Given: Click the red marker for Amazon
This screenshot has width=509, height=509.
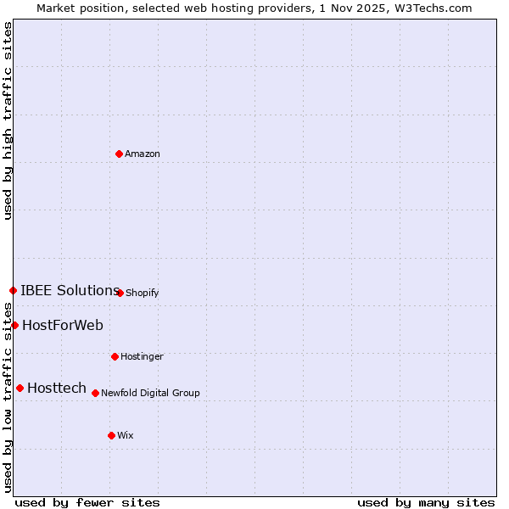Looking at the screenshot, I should [119, 154].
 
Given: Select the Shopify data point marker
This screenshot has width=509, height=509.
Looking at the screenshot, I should [120, 293].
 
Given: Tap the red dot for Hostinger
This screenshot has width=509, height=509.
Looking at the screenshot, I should [115, 356].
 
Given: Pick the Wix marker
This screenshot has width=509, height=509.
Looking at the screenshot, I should [111, 435].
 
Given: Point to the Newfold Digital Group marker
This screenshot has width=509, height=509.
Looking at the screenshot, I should [95, 393].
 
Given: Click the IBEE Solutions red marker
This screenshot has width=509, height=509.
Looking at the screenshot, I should [13, 290].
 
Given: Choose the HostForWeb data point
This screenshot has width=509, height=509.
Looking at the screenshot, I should [14, 325].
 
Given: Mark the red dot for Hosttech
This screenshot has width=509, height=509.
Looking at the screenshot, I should [20, 388].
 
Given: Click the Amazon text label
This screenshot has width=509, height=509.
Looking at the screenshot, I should [143, 154].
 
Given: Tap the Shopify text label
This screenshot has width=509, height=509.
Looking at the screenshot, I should [143, 293].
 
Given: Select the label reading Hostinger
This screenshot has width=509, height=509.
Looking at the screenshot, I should [142, 356].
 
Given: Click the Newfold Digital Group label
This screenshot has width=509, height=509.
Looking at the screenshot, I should [150, 393].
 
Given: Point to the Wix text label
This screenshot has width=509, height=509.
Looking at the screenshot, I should [126, 435].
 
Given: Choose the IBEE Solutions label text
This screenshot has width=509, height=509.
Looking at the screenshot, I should [70, 290].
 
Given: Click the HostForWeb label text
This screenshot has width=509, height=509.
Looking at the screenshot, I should [63, 325].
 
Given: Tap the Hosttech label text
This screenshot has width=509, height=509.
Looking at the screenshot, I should [57, 388].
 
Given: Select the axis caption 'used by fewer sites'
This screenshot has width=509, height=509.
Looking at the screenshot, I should [87, 502].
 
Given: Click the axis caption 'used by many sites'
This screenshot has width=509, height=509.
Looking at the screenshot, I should [426, 502].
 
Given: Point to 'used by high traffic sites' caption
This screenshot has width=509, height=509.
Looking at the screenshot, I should [8, 120].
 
